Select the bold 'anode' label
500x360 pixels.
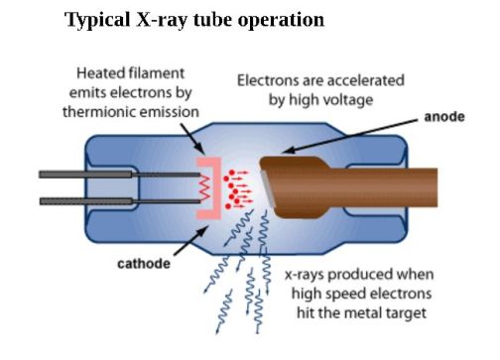(444, 117)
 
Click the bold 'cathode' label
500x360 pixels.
(144, 264)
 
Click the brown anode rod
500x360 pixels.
(397, 187)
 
